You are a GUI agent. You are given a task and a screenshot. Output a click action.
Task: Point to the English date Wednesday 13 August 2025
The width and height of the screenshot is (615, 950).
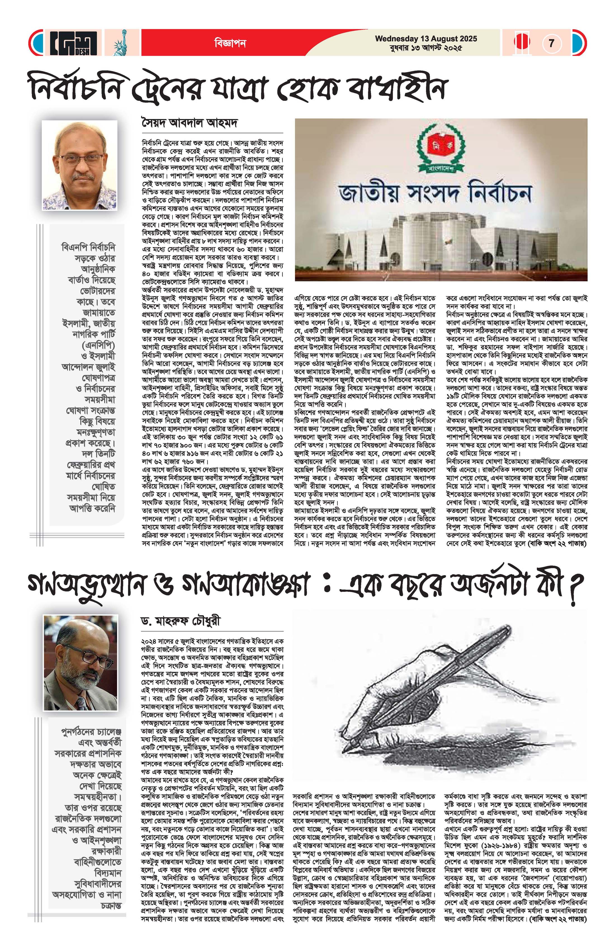point(426,39)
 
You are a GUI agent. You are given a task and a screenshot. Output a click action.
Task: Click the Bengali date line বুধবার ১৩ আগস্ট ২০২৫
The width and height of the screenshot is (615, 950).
point(426,48)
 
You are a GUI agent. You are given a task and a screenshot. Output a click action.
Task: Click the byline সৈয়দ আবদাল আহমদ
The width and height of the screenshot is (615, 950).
point(189,123)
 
